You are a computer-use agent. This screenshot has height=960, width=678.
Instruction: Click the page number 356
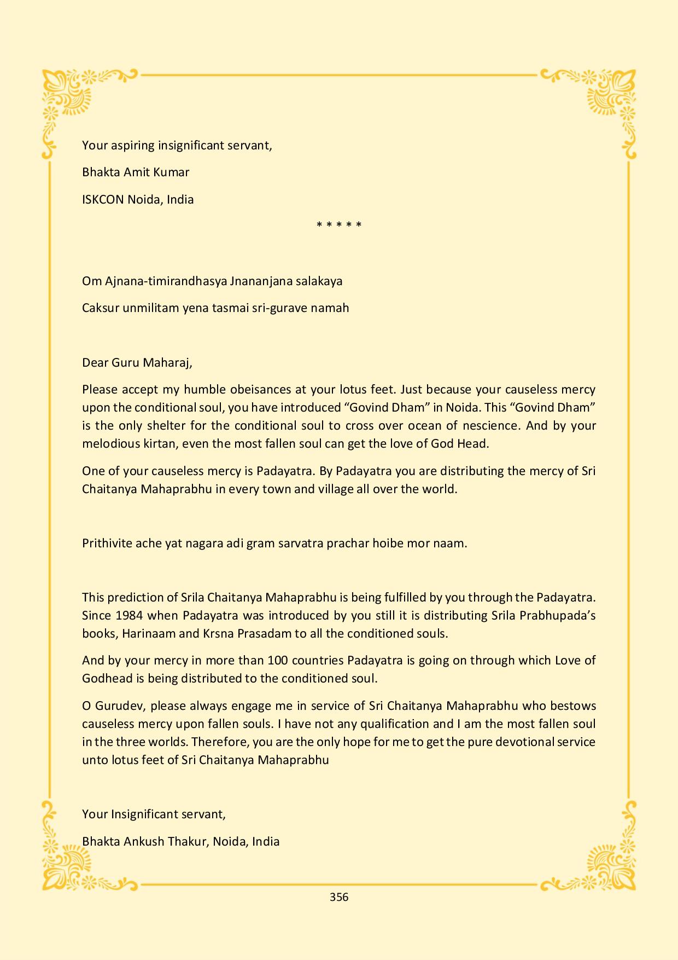(x=339, y=897)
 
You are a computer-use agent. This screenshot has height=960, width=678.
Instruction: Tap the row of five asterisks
(x=339, y=225)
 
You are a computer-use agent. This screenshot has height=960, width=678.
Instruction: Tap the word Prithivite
(x=107, y=543)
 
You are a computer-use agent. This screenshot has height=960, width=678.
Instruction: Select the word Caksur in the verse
(x=100, y=308)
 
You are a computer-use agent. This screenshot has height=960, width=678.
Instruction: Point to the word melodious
(x=108, y=443)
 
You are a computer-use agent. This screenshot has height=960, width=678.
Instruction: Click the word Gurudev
(x=118, y=705)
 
